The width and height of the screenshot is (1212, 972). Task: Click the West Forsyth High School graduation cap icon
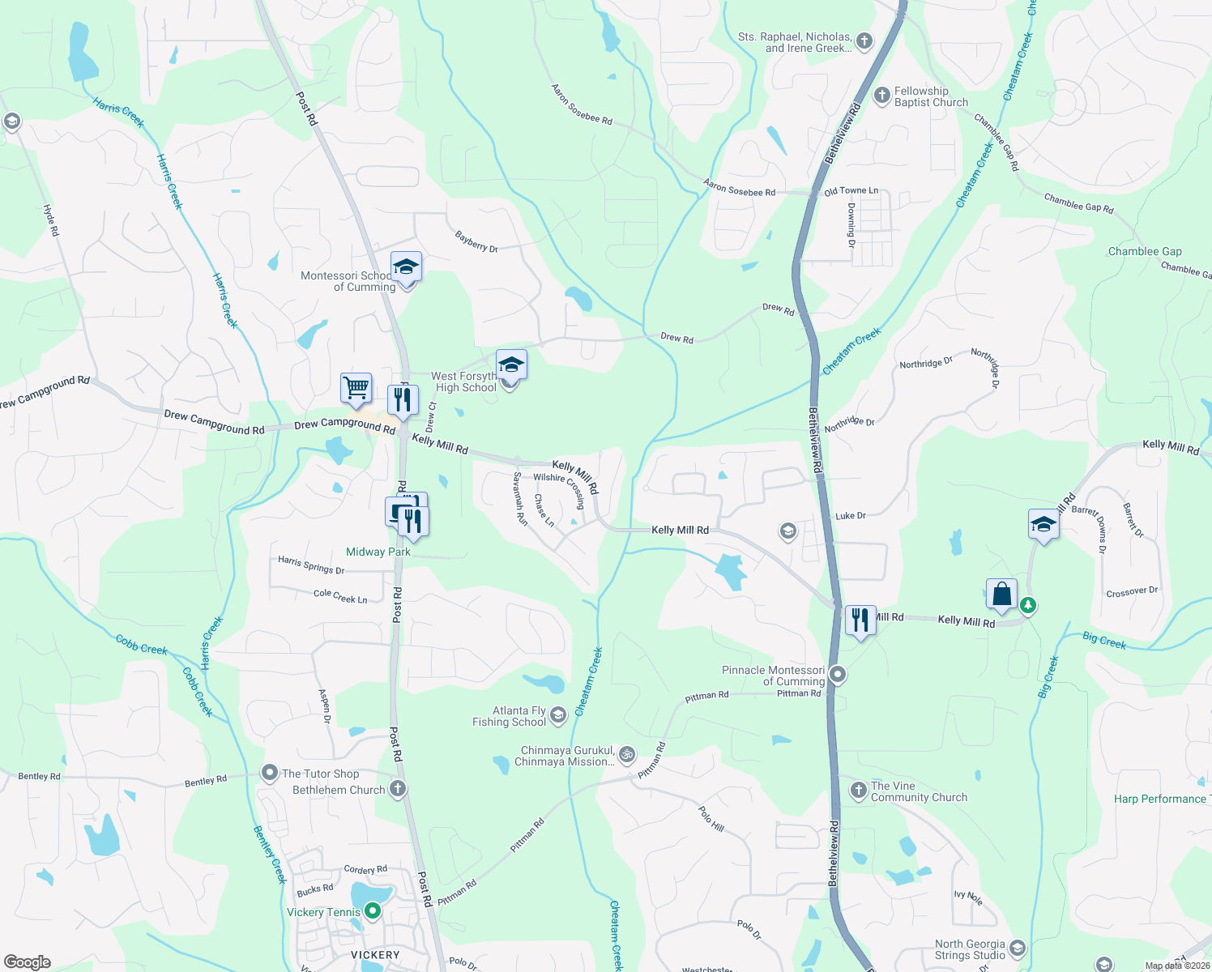pos(510,364)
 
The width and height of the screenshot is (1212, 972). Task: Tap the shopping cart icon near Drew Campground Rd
pos(356,387)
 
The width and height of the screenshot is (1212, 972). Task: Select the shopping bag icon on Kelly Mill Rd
pos(1001,594)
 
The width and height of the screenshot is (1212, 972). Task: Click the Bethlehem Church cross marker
pos(397,789)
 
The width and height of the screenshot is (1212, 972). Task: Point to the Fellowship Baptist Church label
pos(931,97)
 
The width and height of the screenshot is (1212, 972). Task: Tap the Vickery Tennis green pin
pos(373,911)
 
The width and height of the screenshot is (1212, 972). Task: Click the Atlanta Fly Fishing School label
pos(510,717)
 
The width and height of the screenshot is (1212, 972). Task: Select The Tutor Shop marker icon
pos(269,774)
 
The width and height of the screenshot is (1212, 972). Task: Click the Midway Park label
pos(378,552)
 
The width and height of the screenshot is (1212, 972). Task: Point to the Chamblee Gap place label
pos(1145,251)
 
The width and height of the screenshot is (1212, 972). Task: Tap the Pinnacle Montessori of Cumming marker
pos(839,674)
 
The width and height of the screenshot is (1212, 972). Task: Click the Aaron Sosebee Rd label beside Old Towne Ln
pos(739,190)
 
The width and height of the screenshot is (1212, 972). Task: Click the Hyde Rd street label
pos(51,220)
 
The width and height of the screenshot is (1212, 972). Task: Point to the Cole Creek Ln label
pos(340,596)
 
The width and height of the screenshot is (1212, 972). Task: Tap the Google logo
pos(27,961)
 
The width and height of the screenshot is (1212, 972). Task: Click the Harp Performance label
pos(1159,799)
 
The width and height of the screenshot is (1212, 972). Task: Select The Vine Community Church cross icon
pos(859,790)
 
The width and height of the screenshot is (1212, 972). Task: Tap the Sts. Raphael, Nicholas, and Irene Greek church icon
pos(864,40)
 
